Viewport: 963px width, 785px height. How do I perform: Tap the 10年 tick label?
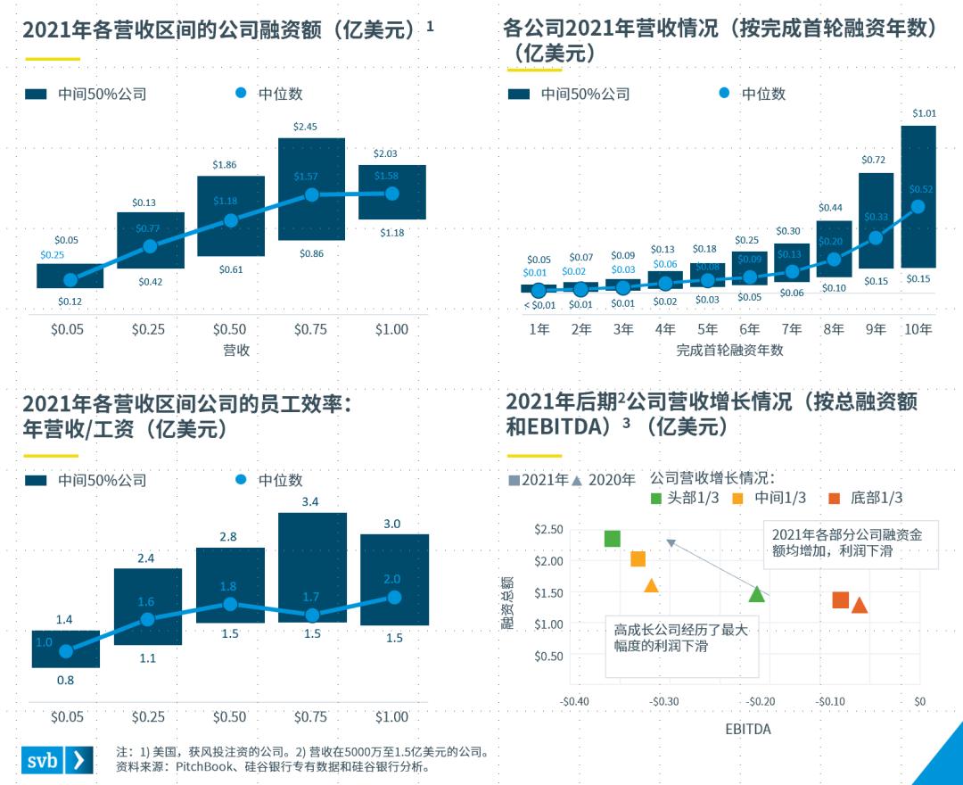point(918,329)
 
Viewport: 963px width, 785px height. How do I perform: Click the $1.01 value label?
point(924,113)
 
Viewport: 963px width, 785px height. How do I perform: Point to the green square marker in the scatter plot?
point(613,539)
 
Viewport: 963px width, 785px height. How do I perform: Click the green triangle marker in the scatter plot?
point(757,594)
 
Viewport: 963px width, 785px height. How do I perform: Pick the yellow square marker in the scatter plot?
point(638,559)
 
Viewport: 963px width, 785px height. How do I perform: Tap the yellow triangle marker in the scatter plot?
point(652,586)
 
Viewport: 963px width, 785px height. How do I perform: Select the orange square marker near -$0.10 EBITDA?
point(840,600)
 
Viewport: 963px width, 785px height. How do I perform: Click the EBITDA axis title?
point(747,730)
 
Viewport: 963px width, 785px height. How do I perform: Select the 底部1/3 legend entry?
point(866,498)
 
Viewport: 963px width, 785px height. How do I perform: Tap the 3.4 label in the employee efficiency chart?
point(310,502)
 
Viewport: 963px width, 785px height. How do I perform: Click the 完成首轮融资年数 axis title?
point(728,351)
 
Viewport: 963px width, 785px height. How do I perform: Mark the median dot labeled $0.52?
point(918,207)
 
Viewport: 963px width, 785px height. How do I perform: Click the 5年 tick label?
point(707,329)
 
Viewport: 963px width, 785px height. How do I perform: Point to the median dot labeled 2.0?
point(393,597)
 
